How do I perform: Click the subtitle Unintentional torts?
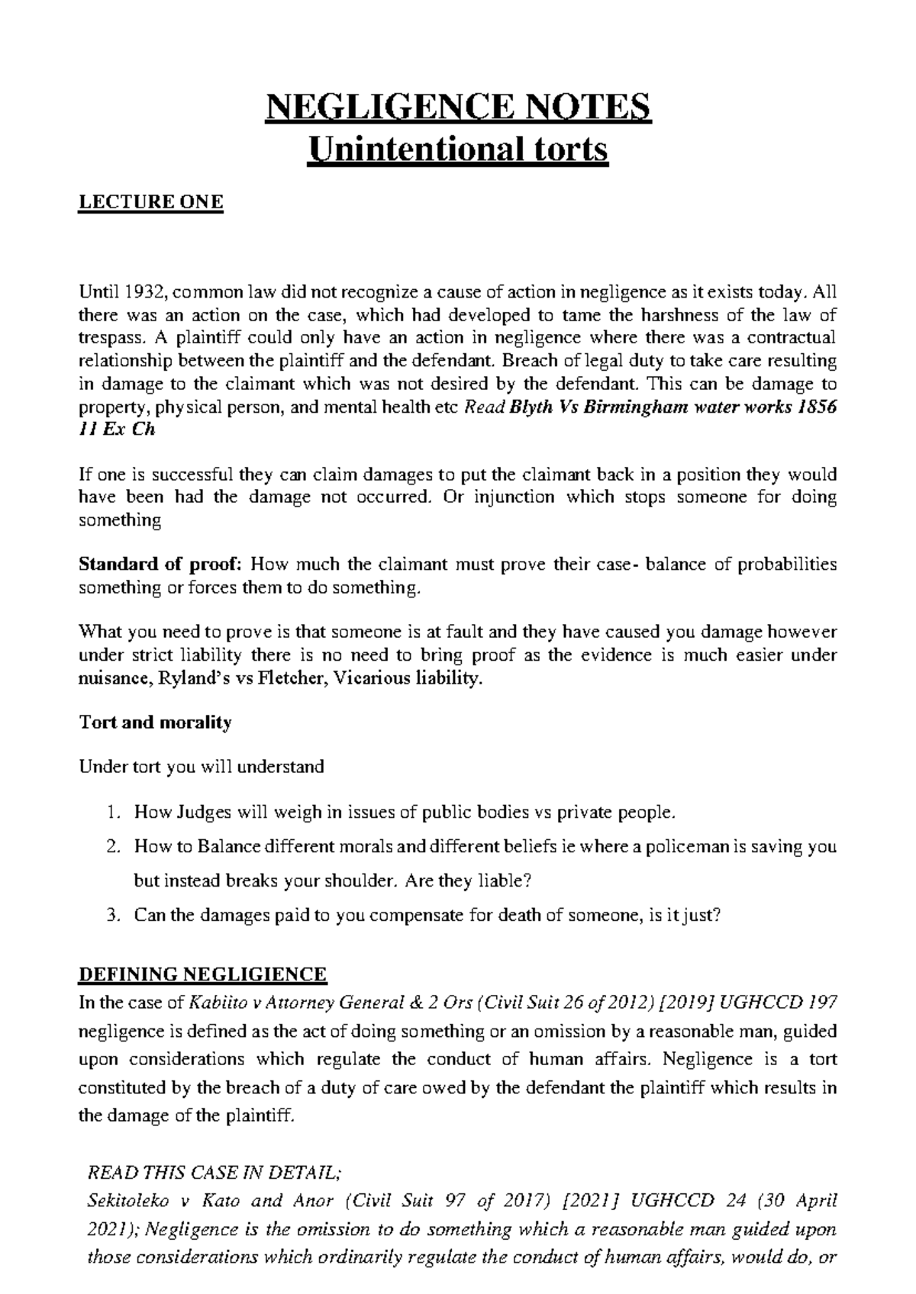[x=457, y=148]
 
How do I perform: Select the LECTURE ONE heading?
[x=151, y=202]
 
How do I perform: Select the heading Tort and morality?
[x=155, y=723]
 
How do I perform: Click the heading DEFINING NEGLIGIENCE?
[x=203, y=974]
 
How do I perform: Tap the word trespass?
[x=109, y=338]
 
